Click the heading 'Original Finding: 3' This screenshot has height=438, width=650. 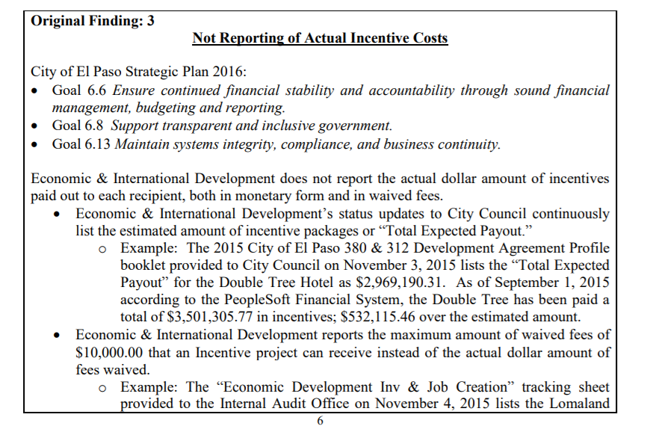click(x=93, y=21)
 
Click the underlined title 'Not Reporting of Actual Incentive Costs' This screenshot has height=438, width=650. click(x=320, y=38)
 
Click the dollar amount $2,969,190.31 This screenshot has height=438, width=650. click(x=404, y=284)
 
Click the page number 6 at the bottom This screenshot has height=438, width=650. click(x=321, y=422)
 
